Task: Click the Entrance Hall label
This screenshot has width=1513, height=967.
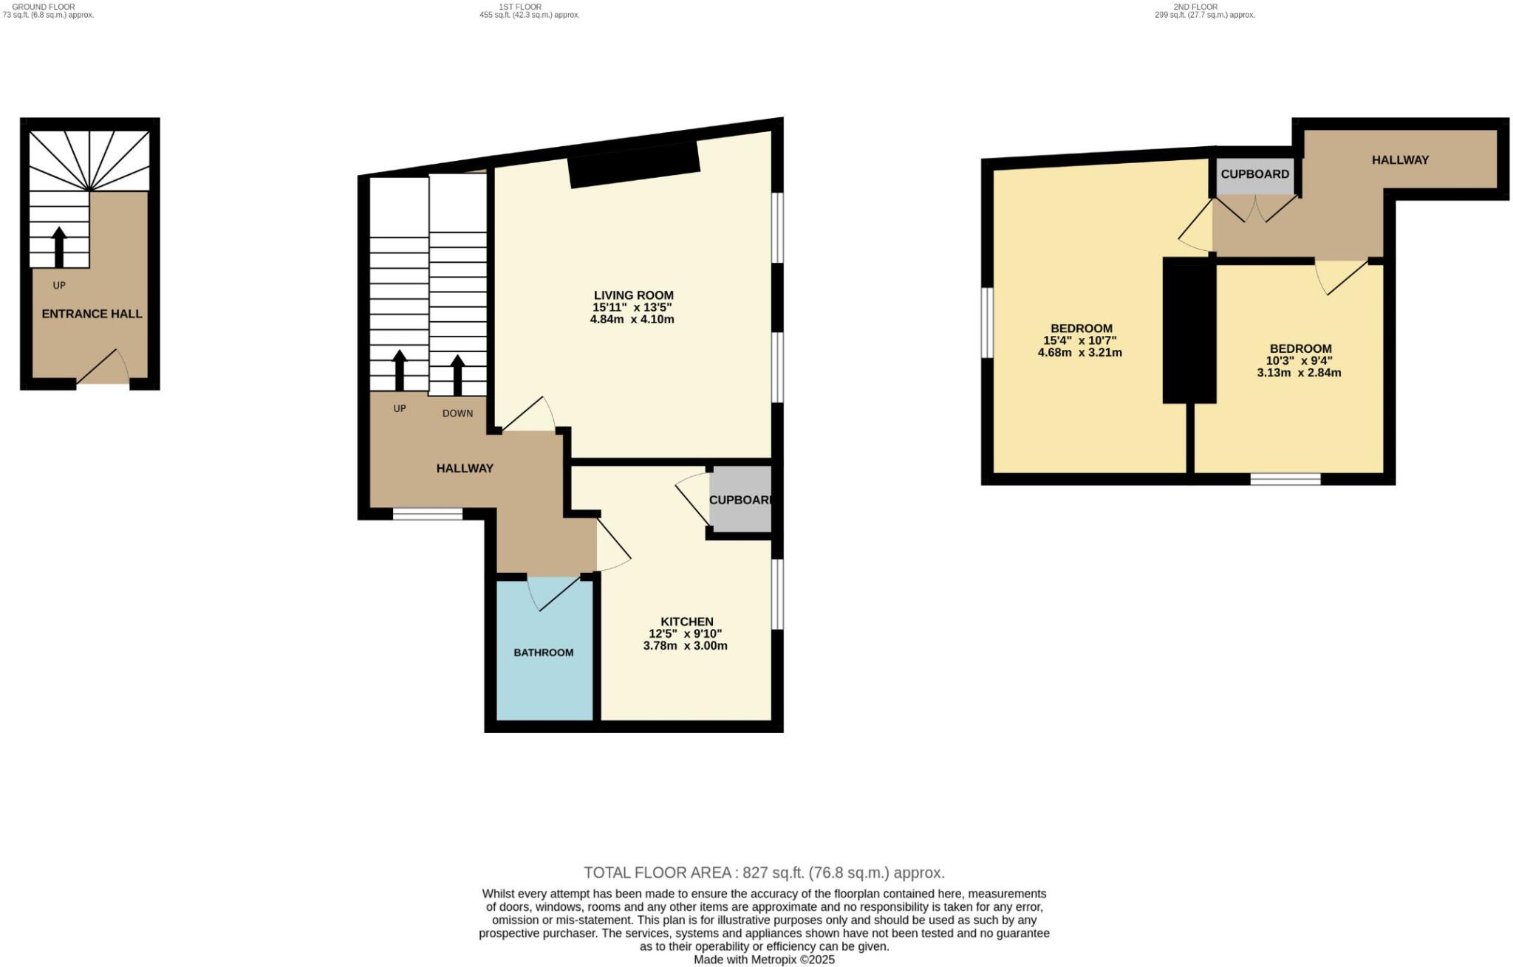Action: [92, 314]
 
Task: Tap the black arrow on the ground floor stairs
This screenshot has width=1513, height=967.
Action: [59, 247]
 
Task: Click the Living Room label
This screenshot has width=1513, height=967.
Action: [634, 295]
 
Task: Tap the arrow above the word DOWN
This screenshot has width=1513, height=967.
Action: [457, 375]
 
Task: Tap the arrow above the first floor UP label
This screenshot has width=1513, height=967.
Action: [399, 370]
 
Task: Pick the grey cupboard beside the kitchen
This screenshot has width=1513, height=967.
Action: [740, 500]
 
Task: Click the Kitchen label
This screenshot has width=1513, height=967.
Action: [686, 622]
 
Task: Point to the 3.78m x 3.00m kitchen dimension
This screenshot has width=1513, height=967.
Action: [685, 646]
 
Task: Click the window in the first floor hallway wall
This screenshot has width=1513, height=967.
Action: [427, 514]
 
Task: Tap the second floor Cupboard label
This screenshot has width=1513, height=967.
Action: [1254, 174]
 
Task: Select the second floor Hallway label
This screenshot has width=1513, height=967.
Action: [1400, 159]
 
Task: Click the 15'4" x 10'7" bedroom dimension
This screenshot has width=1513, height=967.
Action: [1079, 340]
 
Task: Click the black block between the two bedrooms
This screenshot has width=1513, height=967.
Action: [1189, 330]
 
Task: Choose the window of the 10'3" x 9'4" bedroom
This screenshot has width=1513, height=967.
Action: [1285, 479]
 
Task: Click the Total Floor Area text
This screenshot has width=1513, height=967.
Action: [764, 873]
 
